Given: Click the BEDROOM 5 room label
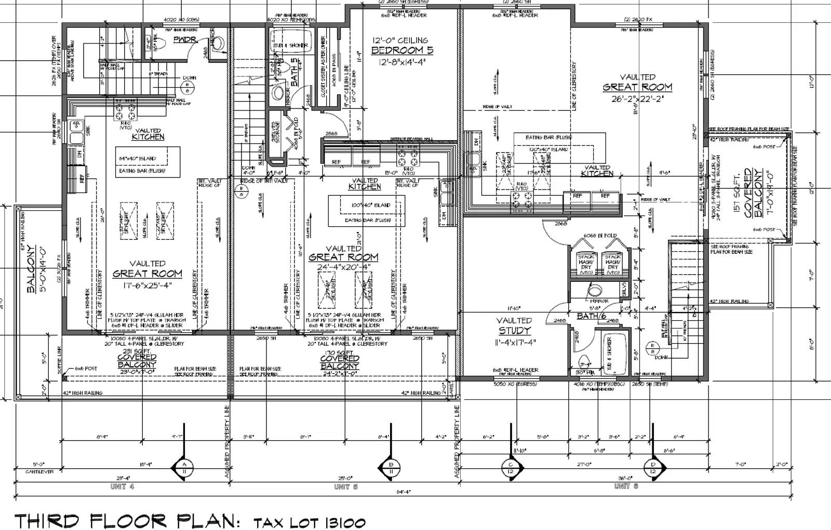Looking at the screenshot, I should (x=402, y=51).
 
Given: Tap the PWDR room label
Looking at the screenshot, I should (x=184, y=39).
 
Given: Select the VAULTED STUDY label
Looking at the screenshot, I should (x=514, y=325).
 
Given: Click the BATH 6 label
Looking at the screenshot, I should (x=592, y=316).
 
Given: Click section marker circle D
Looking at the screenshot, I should (x=652, y=467).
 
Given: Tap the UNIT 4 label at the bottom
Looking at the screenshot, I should (x=122, y=486).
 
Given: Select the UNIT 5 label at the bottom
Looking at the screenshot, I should (x=345, y=486).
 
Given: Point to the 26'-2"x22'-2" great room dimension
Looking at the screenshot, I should (x=637, y=97).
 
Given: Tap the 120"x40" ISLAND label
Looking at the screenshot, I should (x=548, y=150).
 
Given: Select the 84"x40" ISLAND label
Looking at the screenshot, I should (x=137, y=158).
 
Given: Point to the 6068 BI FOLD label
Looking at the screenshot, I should (x=601, y=236).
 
